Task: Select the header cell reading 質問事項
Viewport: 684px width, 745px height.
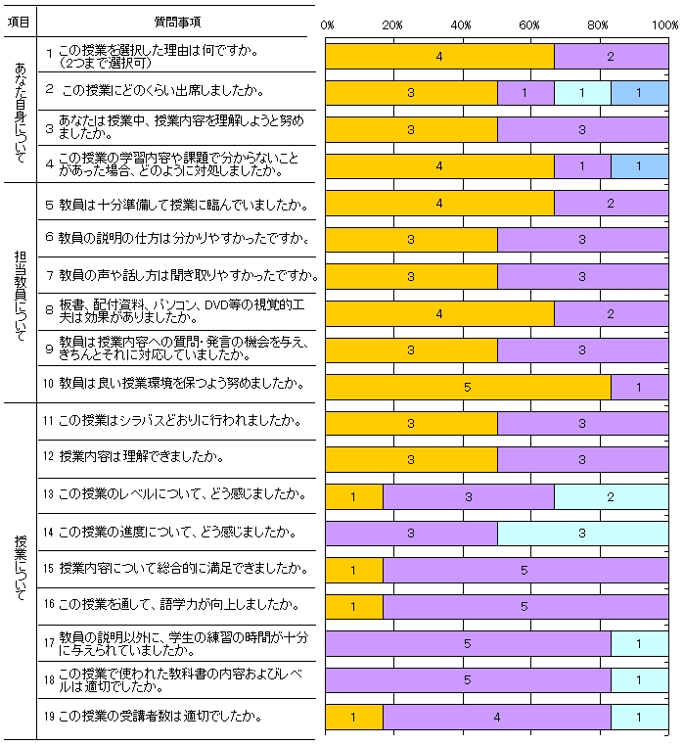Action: (179, 21)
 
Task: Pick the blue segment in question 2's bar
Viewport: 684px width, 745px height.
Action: (639, 93)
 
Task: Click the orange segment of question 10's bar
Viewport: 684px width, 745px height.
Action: (468, 387)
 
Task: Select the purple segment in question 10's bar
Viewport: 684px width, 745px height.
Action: (639, 387)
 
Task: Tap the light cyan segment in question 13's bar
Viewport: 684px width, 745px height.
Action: (611, 497)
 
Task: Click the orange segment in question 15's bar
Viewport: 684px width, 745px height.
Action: (354, 570)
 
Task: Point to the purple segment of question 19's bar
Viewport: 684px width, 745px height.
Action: (496, 717)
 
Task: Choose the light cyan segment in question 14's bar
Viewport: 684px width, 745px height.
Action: (582, 534)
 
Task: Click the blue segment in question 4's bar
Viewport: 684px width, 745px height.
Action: (639, 166)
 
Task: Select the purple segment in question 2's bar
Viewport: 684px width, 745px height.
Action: (525, 93)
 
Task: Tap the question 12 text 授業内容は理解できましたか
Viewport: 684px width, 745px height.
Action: (141, 457)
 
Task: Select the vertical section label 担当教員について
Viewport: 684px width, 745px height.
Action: (21, 291)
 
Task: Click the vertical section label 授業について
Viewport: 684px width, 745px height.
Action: (21, 568)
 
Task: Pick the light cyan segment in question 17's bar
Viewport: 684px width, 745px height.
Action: (639, 643)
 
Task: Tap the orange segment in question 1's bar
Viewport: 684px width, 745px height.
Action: (439, 57)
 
